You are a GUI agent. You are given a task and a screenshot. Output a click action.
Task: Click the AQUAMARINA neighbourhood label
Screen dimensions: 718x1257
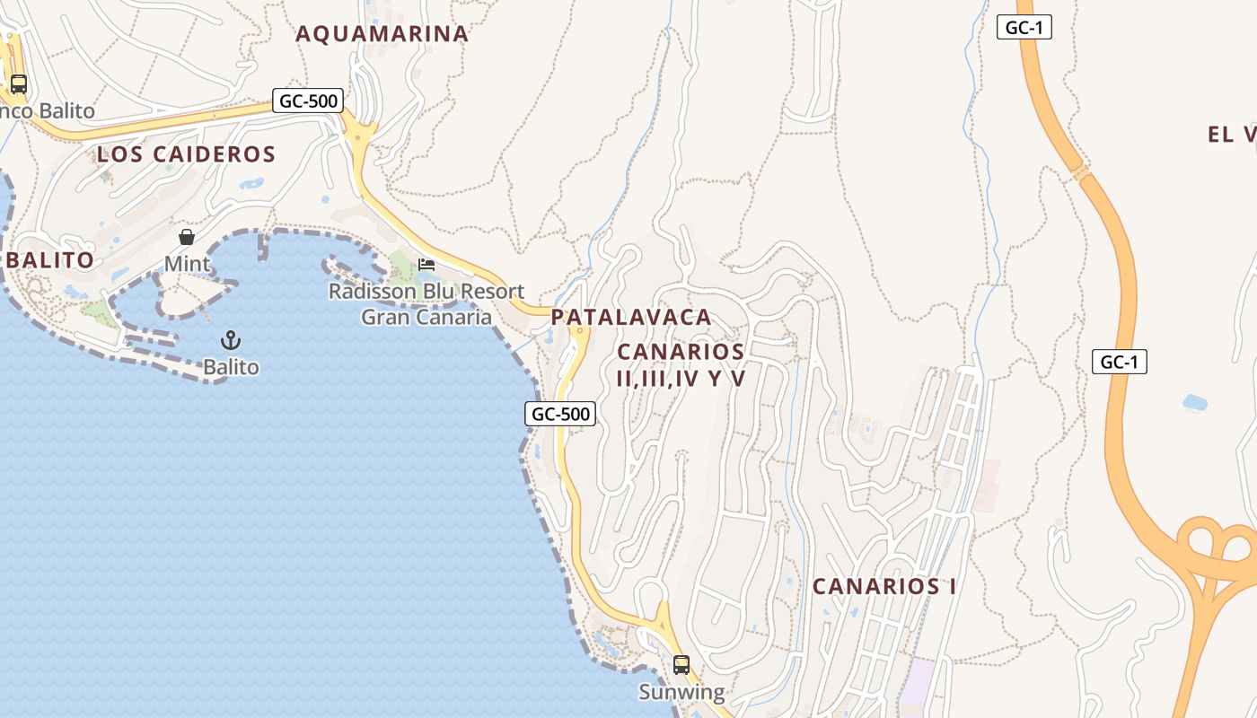pyautogui.click(x=382, y=34)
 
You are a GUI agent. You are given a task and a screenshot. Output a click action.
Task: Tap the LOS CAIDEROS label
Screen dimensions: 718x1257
pyautogui.click(x=186, y=154)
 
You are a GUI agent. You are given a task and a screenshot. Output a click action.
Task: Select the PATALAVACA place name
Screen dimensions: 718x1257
pyautogui.click(x=631, y=317)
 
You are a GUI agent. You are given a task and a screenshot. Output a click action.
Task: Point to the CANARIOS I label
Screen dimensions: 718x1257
pyautogui.click(x=883, y=587)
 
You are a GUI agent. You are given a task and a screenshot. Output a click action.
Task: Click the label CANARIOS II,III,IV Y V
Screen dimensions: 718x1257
pyautogui.click(x=681, y=364)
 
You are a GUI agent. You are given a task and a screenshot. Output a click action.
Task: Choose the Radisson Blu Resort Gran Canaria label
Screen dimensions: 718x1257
pyautogui.click(x=426, y=304)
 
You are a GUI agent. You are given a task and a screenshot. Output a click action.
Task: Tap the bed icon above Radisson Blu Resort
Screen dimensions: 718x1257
pyautogui.click(x=426, y=265)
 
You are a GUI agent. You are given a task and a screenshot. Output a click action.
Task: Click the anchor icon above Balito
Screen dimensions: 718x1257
pyautogui.click(x=231, y=340)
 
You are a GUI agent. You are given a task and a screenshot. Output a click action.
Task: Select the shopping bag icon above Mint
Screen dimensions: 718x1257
pyautogui.click(x=187, y=237)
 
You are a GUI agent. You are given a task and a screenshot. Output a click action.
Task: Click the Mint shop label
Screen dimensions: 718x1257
pyautogui.click(x=187, y=264)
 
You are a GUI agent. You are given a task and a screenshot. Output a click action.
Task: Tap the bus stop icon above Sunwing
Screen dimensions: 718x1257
pyautogui.click(x=681, y=665)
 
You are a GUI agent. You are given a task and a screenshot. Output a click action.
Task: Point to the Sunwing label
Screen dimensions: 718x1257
pyautogui.click(x=681, y=692)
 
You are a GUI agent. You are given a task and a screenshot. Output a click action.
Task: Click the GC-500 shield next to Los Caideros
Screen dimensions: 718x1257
pyautogui.click(x=309, y=101)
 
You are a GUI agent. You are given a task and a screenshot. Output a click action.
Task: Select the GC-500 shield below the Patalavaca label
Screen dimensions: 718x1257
pyautogui.click(x=560, y=414)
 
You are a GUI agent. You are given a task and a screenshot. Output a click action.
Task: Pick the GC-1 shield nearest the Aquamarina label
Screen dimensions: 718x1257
pyautogui.click(x=1024, y=27)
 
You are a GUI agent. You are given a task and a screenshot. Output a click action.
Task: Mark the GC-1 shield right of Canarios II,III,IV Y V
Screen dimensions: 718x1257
pyautogui.click(x=1120, y=362)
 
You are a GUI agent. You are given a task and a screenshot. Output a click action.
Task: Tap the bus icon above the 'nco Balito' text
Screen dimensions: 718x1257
pyautogui.click(x=18, y=84)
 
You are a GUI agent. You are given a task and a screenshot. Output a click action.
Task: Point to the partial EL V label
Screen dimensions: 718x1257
pyautogui.click(x=1232, y=135)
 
